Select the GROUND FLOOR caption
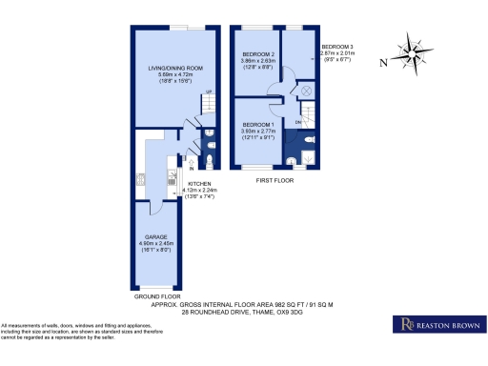[158, 297]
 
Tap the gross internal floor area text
[244, 304]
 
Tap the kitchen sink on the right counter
[173, 179]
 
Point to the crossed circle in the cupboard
[306, 91]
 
